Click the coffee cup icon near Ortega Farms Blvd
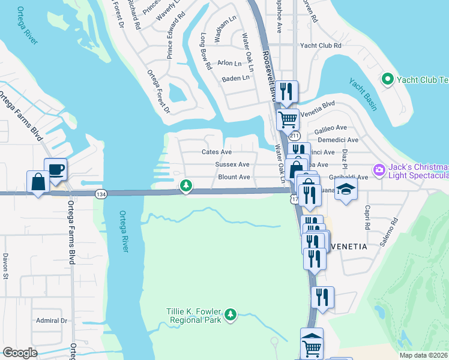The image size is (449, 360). pos(55,169)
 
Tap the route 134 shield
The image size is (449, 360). pos(100,193)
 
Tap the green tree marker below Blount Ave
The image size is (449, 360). pos(186,187)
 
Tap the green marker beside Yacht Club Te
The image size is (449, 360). pos(387,79)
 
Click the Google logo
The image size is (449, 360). pos(20,353)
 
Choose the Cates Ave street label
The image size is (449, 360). pos(217,152)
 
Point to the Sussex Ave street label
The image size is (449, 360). pos(232,164)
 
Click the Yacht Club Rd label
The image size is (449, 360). pos(321,46)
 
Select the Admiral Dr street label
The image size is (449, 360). pos(50,320)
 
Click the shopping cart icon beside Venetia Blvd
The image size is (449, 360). pos(288,119)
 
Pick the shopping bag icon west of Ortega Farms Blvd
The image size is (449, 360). pos(38,182)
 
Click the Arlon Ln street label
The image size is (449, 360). pos(229,63)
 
